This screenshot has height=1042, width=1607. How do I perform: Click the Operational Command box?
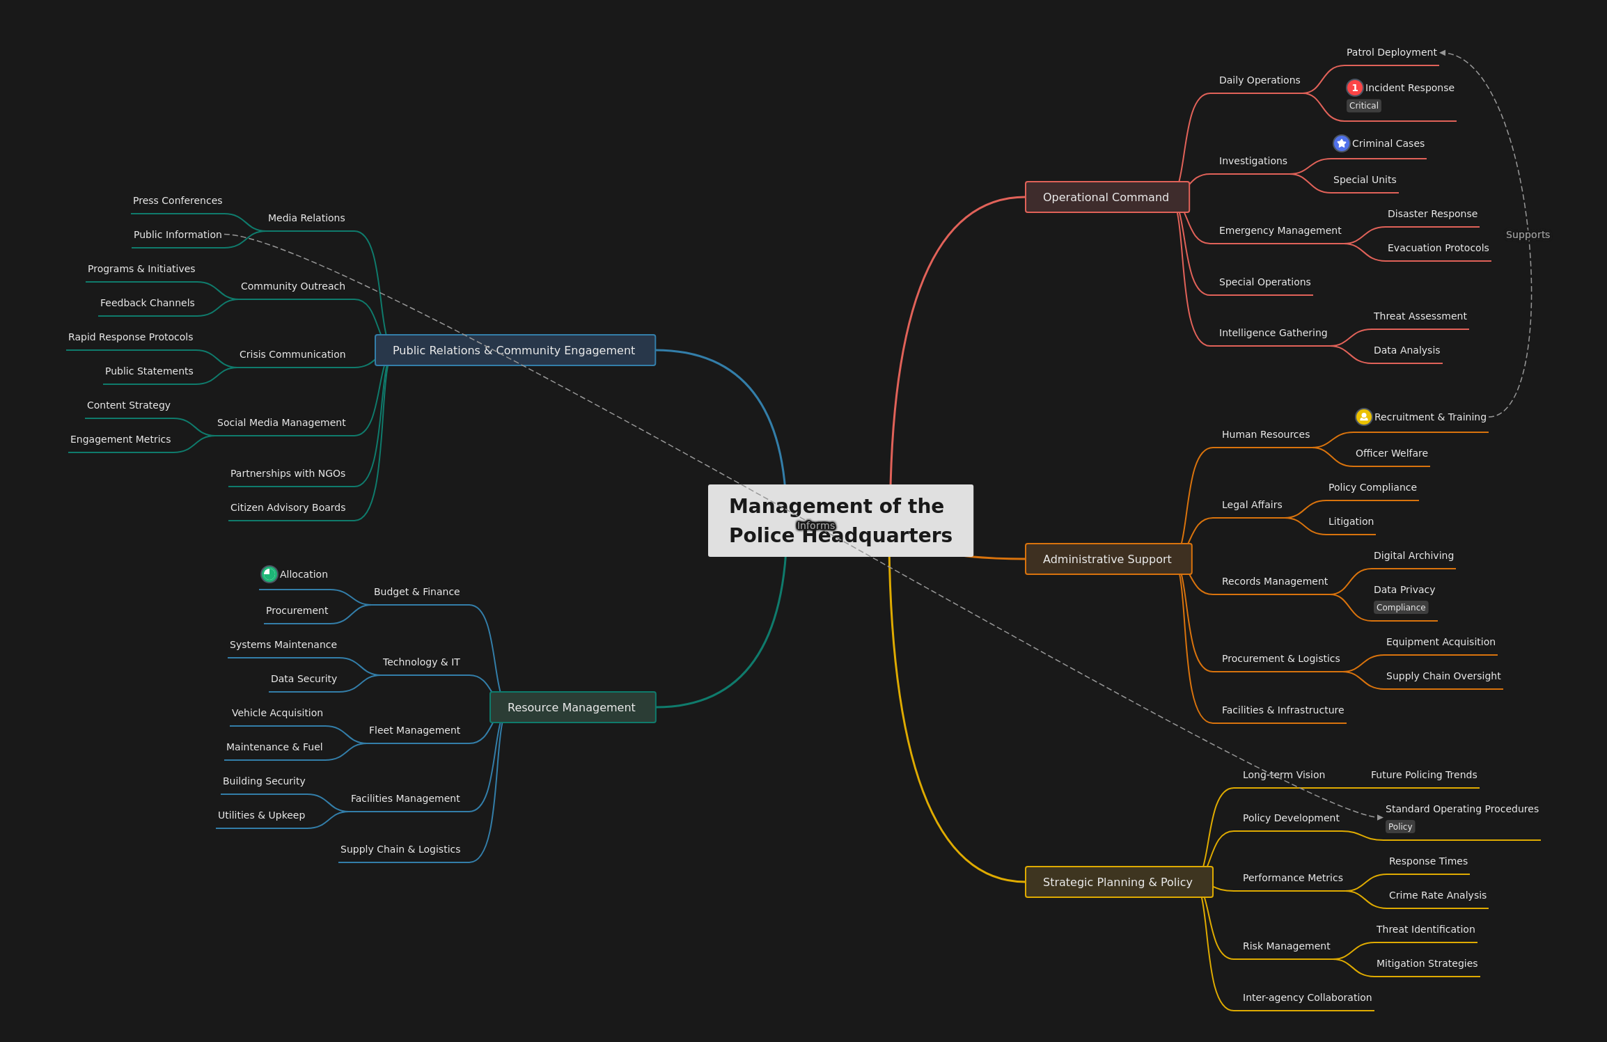[1107, 197]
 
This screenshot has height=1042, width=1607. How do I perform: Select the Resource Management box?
[573, 707]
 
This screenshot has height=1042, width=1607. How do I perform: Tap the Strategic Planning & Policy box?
[1119, 882]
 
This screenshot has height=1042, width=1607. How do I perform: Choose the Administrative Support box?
[1108, 559]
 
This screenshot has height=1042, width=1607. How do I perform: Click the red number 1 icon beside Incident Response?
[1354, 88]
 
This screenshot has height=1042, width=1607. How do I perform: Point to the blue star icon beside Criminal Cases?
[1342, 143]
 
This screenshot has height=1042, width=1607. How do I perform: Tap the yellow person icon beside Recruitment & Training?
[1364, 417]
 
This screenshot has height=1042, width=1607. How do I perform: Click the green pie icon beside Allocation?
[269, 574]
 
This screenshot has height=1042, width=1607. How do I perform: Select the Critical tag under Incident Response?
[1363, 106]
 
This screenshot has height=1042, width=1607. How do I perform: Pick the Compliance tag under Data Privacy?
[1401, 608]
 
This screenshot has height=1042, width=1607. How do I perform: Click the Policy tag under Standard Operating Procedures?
[1400, 827]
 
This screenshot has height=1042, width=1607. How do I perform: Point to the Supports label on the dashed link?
[1528, 235]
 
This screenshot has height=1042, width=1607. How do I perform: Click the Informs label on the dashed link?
[816, 526]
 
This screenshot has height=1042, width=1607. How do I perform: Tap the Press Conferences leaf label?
[178, 200]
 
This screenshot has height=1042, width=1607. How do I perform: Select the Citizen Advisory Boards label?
[288, 507]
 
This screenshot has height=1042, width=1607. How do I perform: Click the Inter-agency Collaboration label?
[1307, 997]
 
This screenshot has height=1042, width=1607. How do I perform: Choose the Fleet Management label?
[414, 730]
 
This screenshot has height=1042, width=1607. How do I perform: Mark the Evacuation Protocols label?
[1438, 248]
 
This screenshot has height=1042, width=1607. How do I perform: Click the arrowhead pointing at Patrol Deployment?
[1443, 53]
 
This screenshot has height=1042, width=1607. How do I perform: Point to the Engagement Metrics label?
[120, 439]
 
